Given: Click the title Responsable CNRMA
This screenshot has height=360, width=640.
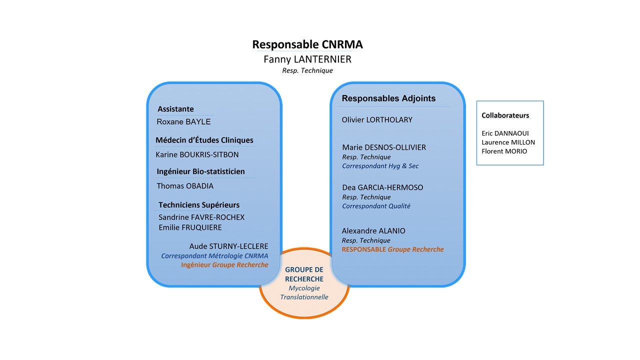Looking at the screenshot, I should [x=307, y=44].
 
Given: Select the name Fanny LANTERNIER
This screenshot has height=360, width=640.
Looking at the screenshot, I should [x=307, y=59].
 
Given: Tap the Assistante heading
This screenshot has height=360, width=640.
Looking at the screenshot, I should [x=175, y=109].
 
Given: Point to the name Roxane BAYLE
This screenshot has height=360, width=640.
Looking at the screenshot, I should [x=183, y=121].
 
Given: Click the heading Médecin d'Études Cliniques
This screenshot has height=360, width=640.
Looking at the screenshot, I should [x=204, y=140].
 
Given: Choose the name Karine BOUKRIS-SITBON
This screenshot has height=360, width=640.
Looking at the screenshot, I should [x=197, y=154].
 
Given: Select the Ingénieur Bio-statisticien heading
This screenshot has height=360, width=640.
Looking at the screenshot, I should [x=200, y=171].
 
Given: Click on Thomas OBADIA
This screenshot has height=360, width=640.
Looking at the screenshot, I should [x=185, y=186].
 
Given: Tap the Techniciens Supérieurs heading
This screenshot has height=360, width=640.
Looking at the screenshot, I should [x=199, y=205].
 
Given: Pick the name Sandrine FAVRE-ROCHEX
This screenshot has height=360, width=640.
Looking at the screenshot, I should [x=201, y=217].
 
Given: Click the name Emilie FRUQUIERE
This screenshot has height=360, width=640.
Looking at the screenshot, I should [x=190, y=227].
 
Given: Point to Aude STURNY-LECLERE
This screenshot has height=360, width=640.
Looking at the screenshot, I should [x=228, y=246].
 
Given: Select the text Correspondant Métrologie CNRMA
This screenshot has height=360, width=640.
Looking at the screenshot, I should [x=214, y=255].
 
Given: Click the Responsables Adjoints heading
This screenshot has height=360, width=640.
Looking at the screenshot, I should [x=388, y=98].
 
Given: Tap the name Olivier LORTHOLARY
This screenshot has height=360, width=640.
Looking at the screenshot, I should [x=377, y=120].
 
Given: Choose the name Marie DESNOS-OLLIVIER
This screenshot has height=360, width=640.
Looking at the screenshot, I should [x=384, y=147].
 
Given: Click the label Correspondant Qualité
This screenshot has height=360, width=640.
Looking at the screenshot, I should [x=376, y=206].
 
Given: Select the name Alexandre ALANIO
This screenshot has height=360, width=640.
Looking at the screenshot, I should [x=373, y=231].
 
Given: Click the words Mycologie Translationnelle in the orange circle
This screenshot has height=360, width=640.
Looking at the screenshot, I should [x=304, y=292].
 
